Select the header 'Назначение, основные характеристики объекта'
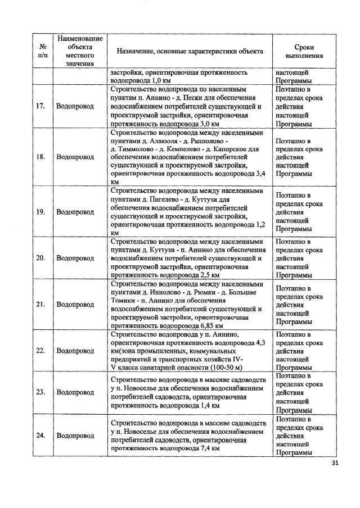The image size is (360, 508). (x=190, y=51)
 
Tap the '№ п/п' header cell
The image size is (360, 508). (x=42, y=51)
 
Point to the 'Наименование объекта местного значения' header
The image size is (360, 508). (x=79, y=51)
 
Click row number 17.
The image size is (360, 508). (x=40, y=106)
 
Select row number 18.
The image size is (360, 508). (x=40, y=157)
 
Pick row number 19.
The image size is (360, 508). (x=40, y=212)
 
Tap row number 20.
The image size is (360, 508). (x=40, y=258)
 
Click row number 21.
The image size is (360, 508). (x=40, y=305)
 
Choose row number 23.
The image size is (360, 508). (x=40, y=392)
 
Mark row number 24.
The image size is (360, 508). (x=40, y=436)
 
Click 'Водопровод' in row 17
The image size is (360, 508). (x=75, y=106)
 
